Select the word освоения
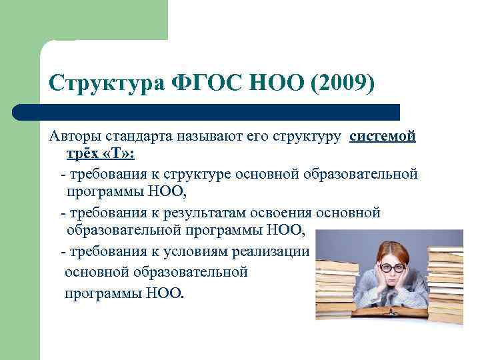281,213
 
